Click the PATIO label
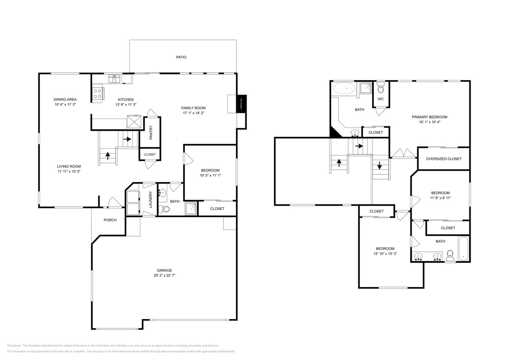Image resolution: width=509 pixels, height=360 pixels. [181, 57]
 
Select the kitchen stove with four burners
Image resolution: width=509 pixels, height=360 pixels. [98, 93]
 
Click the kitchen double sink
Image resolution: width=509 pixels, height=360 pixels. [115, 78]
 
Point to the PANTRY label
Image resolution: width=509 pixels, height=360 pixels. [151, 134]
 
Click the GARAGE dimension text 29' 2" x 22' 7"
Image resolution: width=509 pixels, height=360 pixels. [164, 276]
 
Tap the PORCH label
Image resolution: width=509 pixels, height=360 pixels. [110, 220]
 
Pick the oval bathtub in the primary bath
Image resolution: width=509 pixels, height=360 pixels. [344, 89]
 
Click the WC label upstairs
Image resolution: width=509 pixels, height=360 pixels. [381, 99]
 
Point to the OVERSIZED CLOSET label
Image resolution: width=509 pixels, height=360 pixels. [444, 159]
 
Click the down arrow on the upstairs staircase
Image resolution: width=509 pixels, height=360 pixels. [379, 165]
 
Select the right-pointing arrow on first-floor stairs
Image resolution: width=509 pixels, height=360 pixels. [127, 139]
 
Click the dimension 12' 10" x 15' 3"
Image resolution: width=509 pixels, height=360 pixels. [385, 254]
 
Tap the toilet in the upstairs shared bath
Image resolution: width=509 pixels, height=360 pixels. [450, 256]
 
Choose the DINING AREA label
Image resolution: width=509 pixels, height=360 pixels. [65, 99]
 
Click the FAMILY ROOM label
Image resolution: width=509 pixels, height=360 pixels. [194, 108]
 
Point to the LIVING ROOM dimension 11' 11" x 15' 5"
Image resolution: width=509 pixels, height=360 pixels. [69, 171]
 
